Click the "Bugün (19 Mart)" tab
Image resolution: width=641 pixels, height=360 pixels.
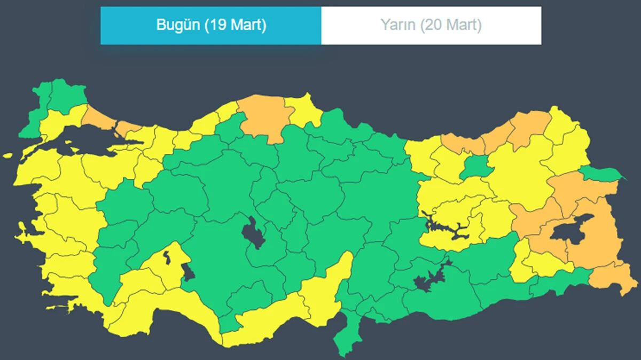pos(211,25)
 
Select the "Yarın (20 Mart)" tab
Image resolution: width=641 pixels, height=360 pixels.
pos(431,25)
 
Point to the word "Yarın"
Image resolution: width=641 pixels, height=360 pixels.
pos(397,25)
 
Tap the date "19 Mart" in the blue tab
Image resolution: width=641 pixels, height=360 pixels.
pos(235,25)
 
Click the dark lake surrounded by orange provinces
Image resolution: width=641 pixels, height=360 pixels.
pos(570,231)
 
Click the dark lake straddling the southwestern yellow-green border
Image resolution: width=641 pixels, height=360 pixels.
pos(187,271)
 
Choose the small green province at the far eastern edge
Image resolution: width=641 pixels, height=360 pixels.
pos(601,173)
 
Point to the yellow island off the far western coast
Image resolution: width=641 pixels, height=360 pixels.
pos(7,156)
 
